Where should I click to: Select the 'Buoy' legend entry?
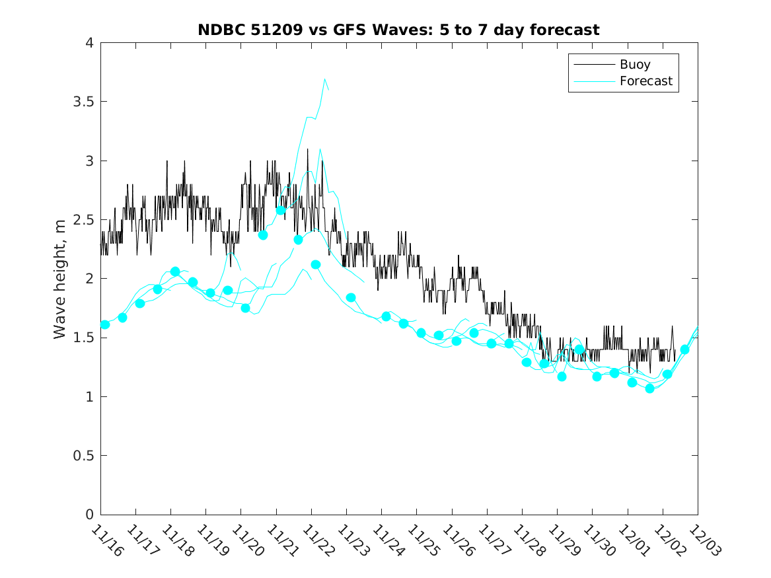tap(635, 65)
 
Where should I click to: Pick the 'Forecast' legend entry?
tap(645, 81)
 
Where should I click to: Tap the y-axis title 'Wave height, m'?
tap(60, 279)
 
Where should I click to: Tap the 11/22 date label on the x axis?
tap(317, 541)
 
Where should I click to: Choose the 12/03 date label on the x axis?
tap(703, 541)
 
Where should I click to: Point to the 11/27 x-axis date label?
tap(493, 541)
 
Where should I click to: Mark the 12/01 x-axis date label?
tap(633, 541)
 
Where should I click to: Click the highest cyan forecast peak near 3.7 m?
tap(325, 79)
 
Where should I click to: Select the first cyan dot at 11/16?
tap(104, 324)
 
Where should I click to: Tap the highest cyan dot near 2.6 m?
tap(280, 210)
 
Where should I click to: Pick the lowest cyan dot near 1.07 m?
tap(649, 388)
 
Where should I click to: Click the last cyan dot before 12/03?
tap(684, 349)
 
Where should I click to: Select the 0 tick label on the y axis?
tap(89, 515)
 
